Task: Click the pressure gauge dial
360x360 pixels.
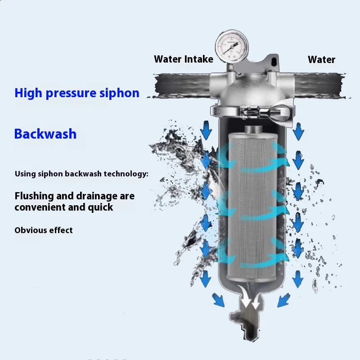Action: point(232,47)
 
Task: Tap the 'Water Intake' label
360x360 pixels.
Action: point(184,59)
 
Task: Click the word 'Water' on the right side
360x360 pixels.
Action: point(321,60)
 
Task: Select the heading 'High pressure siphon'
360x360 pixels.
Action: point(77,94)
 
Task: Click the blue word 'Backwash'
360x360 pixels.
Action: point(45,134)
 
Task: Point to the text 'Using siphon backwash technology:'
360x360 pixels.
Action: point(81,174)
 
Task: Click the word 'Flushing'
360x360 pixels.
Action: point(34,196)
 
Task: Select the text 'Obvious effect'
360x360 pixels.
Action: point(44,230)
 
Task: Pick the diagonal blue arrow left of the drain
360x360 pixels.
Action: point(218,300)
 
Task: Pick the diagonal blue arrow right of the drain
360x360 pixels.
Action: point(284,300)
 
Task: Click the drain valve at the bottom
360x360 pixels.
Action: point(247,321)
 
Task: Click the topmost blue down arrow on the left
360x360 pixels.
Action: point(206,130)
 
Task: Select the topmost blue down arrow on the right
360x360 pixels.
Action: point(298,131)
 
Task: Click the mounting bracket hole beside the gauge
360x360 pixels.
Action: point(274,61)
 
